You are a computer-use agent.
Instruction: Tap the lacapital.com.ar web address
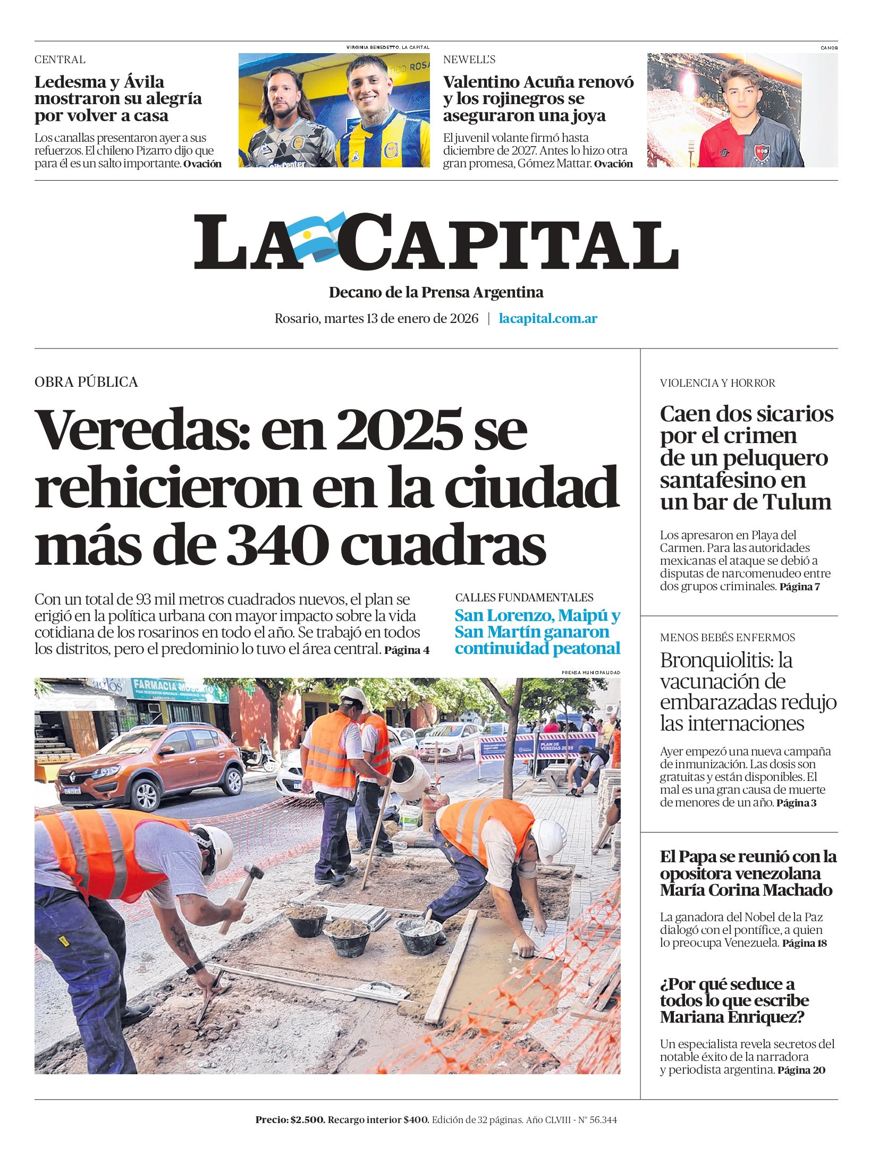tap(548, 319)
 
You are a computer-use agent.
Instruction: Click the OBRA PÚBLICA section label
tap(86, 382)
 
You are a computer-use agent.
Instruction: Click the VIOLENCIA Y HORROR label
tap(717, 383)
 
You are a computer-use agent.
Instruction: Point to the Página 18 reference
tap(804, 944)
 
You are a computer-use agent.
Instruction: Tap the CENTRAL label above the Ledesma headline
tap(60, 60)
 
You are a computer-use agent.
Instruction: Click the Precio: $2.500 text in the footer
tap(290, 1120)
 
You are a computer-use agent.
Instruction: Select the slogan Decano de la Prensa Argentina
tap(436, 292)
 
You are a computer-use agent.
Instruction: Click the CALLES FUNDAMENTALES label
tap(524, 597)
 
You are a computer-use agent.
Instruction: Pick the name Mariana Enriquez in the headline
tap(732, 1017)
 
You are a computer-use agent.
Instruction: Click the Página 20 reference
tap(801, 1070)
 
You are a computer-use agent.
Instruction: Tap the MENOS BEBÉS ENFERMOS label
tap(727, 638)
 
